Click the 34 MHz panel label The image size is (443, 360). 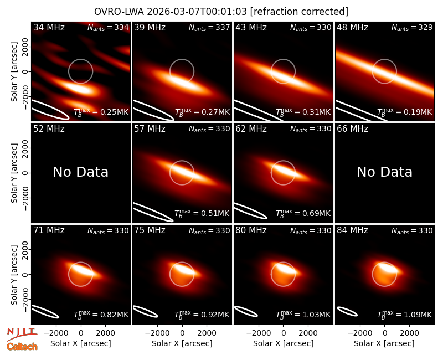point(49,27)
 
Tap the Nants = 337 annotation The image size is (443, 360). point(209,27)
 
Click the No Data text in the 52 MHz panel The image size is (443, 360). point(81,172)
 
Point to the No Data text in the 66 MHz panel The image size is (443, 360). point(384,172)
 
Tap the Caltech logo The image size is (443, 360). point(22,347)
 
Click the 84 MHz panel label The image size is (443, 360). point(352,230)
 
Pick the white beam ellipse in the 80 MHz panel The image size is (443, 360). point(246,311)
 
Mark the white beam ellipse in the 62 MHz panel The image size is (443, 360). point(250,211)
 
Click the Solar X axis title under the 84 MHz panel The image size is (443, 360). point(384,343)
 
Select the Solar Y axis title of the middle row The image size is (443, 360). point(14,173)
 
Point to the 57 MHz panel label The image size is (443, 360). point(150,129)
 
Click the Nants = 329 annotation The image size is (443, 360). point(412,27)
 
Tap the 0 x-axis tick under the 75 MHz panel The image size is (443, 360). point(182,333)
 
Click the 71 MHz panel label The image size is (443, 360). point(49,230)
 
